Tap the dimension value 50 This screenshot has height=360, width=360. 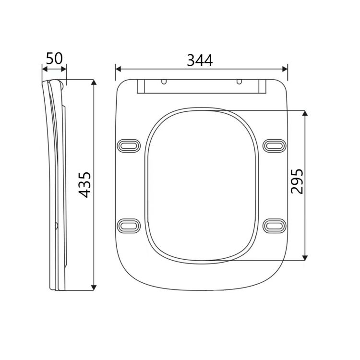[x=54, y=59]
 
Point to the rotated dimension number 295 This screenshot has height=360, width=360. [x=297, y=180]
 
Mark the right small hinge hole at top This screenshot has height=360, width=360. [x=239, y=82]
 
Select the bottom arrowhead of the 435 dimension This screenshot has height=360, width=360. [x=94, y=288]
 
